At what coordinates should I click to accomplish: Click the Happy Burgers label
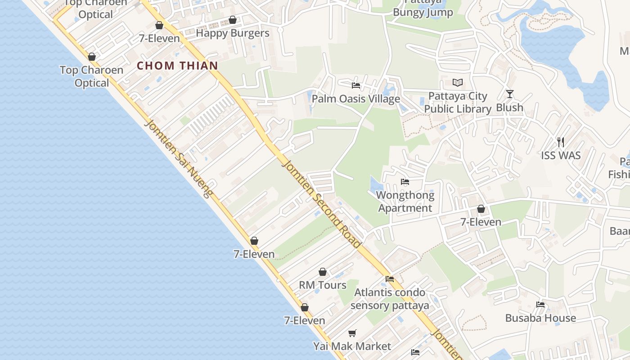tap(233, 33)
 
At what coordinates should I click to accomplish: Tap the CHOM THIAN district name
tap(177, 66)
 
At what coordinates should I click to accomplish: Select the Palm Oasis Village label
tap(355, 99)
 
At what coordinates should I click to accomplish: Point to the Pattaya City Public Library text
tap(458, 103)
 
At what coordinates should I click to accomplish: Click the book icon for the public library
tap(458, 83)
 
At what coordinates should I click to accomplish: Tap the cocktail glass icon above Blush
tap(509, 94)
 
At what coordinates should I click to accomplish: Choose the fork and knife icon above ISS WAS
tap(561, 142)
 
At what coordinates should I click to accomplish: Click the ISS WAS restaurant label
tap(561, 156)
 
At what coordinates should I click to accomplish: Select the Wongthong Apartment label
tap(405, 202)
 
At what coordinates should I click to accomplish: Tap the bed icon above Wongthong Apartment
tap(405, 182)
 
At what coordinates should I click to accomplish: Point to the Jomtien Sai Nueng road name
tap(179, 159)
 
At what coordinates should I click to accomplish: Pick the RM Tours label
tap(323, 285)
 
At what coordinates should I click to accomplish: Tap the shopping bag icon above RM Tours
tap(323, 272)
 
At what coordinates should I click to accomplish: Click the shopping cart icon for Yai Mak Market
tap(352, 333)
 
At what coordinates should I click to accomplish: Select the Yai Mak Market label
tap(352, 346)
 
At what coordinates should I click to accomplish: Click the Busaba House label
tap(540, 318)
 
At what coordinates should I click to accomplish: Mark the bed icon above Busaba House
tap(540, 305)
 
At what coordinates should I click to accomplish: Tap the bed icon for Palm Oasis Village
tap(356, 85)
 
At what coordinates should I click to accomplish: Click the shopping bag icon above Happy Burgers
tap(233, 20)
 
